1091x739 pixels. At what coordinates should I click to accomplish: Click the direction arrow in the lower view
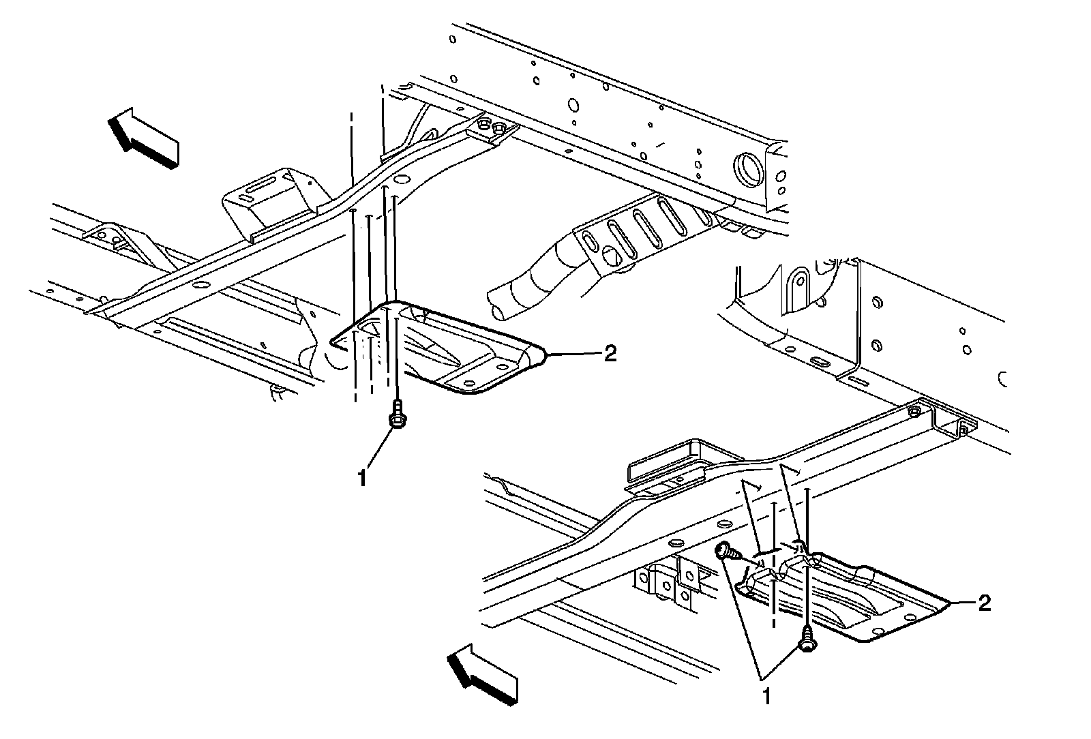coord(481,675)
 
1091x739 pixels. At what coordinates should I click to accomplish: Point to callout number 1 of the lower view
coord(766,697)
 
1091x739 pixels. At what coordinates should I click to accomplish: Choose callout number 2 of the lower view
coord(984,603)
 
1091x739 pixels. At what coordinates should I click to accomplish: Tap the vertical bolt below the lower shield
coord(807,642)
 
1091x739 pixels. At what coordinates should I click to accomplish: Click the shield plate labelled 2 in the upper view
coord(450,351)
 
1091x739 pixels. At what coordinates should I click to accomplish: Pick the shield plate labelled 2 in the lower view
coord(859,593)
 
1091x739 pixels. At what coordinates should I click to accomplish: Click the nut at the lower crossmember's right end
coord(914,412)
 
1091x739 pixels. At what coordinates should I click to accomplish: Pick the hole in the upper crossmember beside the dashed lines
coord(401,180)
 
